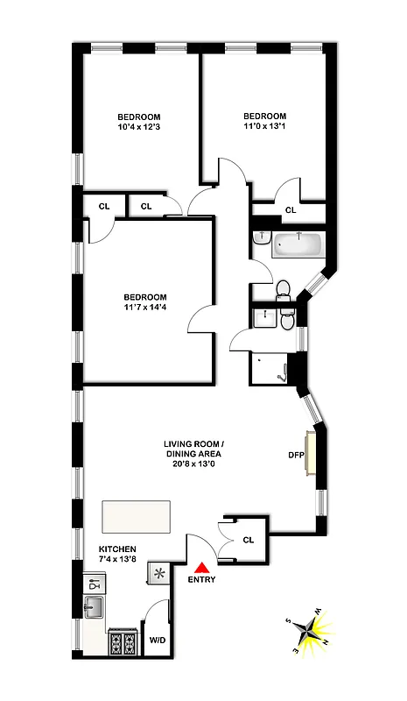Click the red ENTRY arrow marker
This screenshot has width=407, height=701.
click(x=202, y=567)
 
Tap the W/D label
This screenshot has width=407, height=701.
click(x=158, y=639)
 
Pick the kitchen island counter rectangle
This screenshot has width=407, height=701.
click(x=136, y=516)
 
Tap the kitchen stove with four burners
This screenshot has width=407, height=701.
click(x=123, y=644)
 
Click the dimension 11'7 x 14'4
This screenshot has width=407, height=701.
click(x=144, y=308)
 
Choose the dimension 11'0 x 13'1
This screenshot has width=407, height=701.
click(x=264, y=128)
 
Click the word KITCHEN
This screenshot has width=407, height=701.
click(x=117, y=549)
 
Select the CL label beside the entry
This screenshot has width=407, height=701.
click(x=248, y=541)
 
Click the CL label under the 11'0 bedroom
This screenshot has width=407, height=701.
click(x=291, y=210)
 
